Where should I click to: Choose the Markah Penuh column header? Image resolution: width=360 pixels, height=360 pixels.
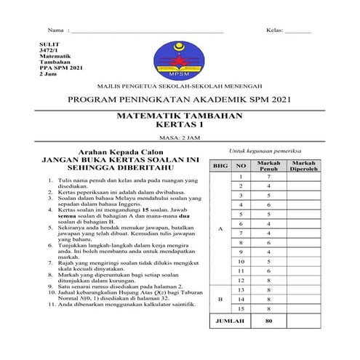269,166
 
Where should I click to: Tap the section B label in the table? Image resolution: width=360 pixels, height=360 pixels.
220,299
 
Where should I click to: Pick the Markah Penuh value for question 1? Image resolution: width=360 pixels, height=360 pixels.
269,176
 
